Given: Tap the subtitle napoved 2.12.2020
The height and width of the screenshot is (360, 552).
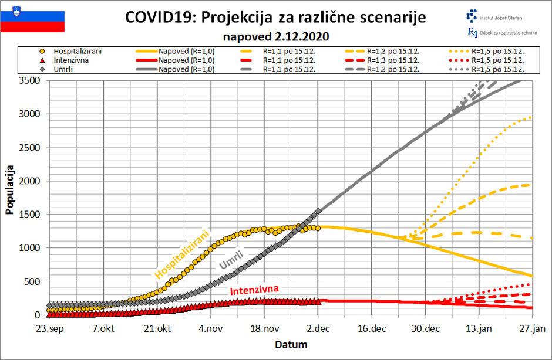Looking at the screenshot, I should pyautogui.click(x=275, y=36).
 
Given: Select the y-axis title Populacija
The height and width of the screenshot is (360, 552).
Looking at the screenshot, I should pyautogui.click(x=9, y=193).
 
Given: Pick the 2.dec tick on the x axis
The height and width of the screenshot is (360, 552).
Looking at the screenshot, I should pyautogui.click(x=318, y=328).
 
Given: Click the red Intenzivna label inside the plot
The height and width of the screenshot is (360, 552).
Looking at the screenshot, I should pyautogui.click(x=254, y=290).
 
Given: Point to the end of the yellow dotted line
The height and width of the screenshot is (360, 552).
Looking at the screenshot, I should pyautogui.click(x=531, y=117).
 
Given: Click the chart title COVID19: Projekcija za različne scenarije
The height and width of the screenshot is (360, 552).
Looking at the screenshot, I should pyautogui.click(x=275, y=18).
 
